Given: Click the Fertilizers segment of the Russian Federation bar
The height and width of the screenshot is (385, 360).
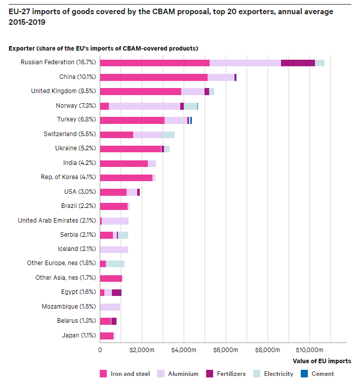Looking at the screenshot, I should tap(298, 63).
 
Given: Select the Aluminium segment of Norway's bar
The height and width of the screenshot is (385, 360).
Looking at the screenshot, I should tap(144, 106).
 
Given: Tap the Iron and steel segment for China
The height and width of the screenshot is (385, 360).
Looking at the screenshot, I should tap(153, 77).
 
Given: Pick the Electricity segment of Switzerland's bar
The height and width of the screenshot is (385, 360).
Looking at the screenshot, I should tap(169, 135).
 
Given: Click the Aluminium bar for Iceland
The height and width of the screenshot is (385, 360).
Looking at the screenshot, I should tap(114, 249).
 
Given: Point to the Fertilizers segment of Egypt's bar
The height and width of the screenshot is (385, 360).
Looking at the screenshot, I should tap(116, 292).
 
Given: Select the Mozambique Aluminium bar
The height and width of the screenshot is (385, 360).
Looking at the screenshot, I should tap(110, 307).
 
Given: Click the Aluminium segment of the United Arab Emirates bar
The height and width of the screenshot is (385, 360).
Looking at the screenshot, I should tap(115, 221).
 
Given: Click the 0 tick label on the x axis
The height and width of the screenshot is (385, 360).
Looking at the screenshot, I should tap(100, 350).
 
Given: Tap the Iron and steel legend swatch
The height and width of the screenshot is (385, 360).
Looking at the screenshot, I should tap(103, 374).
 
